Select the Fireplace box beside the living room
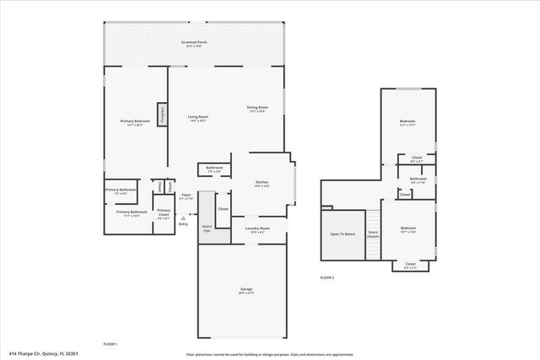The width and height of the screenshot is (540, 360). [x=159, y=113]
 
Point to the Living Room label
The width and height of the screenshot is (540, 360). [x=197, y=117]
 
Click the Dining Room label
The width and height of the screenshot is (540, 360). [x=257, y=109]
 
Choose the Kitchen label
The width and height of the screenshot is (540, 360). [x=262, y=184]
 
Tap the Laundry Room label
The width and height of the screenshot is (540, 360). [x=257, y=228]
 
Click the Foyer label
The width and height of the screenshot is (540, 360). [x=186, y=196]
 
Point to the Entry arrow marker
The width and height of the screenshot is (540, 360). [x=183, y=218]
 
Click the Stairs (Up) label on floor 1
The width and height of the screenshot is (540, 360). [x=206, y=228]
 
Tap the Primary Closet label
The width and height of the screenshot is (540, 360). [x=164, y=212]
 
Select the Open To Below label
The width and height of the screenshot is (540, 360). [x=342, y=234]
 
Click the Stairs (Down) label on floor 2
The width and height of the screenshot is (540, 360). [x=373, y=234]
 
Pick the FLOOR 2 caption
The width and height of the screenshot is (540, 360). [x=327, y=277]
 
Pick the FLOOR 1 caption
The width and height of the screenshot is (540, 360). [x=110, y=344]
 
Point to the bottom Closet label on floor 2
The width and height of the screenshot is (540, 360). [x=410, y=265]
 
